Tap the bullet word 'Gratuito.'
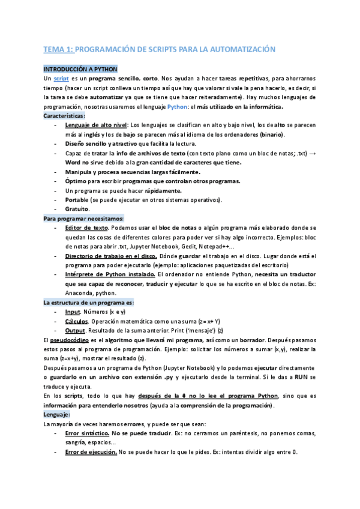[77, 208]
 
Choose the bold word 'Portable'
[78, 199]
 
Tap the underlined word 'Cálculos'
[78, 321]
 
